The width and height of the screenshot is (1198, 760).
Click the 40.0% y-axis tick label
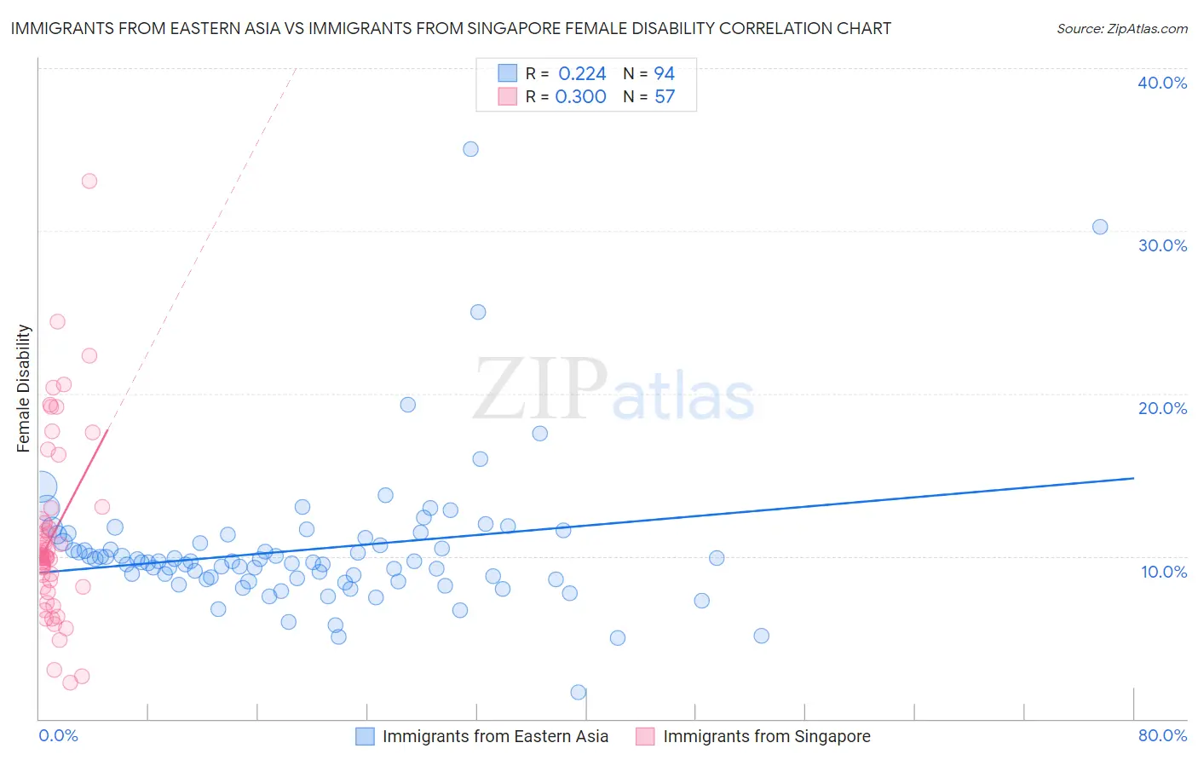[x=1161, y=83]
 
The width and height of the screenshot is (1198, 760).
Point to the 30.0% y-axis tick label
[x=1161, y=245]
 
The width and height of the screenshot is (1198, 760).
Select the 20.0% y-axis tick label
[x=1161, y=408]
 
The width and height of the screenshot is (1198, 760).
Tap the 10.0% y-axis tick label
[x=1163, y=572]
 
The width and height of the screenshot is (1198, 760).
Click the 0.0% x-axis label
[x=58, y=735]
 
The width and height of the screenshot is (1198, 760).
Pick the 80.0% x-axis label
[x=1162, y=735]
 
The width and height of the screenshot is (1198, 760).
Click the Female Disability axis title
[x=24, y=388]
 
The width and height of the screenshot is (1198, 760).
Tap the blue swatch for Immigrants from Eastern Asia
[x=365, y=736]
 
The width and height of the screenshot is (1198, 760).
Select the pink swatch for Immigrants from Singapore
[x=645, y=736]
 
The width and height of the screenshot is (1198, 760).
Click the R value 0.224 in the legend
[x=582, y=74]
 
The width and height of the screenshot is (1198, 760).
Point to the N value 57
[x=665, y=97]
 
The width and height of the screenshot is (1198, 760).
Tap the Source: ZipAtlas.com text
[x=1121, y=28]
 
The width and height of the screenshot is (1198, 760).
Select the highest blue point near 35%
[x=470, y=149]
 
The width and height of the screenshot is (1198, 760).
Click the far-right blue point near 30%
[x=1100, y=227]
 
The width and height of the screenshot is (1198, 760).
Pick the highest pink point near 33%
[x=89, y=181]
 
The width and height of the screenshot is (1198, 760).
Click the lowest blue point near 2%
[x=579, y=692]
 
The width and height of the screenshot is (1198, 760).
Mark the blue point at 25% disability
[x=478, y=312]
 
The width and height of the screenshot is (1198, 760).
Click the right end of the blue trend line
[x=1133, y=478]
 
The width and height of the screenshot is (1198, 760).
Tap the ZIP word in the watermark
[x=539, y=389]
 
